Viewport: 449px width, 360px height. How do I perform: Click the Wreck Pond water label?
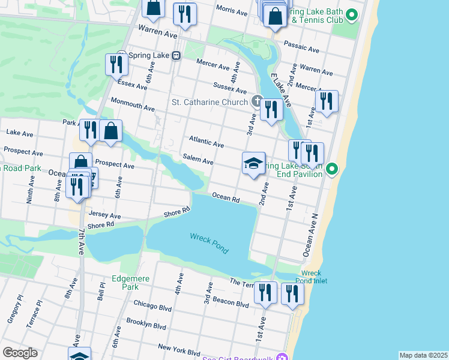[208, 243]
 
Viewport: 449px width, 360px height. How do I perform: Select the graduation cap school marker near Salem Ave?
[254, 164]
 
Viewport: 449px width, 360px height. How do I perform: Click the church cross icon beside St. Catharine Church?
[257, 101]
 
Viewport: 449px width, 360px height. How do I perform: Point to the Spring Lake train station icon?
[176, 55]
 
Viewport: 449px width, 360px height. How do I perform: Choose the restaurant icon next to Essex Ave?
[116, 64]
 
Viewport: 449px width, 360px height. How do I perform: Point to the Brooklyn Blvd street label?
[146, 324]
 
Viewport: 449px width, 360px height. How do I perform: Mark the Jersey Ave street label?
[104, 215]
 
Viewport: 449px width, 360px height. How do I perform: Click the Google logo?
[20, 353]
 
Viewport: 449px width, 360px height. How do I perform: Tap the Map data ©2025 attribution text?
[423, 355]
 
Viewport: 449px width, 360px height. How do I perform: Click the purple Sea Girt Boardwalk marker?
[280, 359]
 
